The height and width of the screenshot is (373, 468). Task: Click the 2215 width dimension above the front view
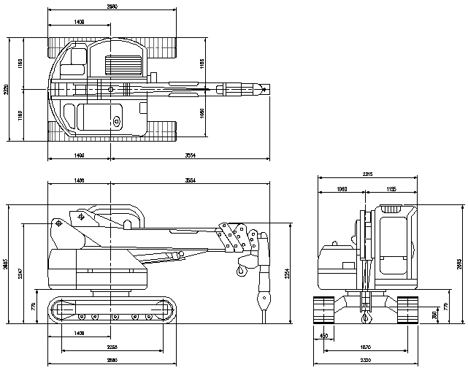[367, 174]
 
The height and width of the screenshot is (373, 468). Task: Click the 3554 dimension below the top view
[190, 155]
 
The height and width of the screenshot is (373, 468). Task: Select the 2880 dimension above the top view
[112, 7]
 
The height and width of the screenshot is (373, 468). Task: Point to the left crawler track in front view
[323, 309]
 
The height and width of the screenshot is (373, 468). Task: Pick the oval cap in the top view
[115, 121]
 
